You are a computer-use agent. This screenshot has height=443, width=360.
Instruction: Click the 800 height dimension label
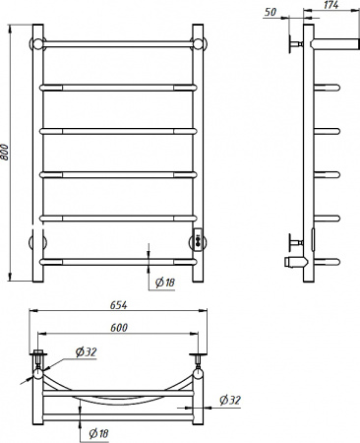5,152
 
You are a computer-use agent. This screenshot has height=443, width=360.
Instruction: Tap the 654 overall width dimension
118,305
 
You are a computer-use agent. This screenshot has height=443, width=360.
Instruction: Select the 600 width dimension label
119,328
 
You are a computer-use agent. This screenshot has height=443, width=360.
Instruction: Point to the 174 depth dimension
330,5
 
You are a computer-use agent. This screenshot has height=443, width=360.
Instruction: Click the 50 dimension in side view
270,12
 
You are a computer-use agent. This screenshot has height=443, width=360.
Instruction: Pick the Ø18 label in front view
165,283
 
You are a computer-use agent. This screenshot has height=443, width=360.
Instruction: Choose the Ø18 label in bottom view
98,434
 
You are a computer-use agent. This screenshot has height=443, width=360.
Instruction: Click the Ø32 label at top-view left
86,352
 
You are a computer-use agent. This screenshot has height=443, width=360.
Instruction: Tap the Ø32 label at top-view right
230,400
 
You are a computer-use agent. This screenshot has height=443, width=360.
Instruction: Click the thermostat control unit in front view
198,238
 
